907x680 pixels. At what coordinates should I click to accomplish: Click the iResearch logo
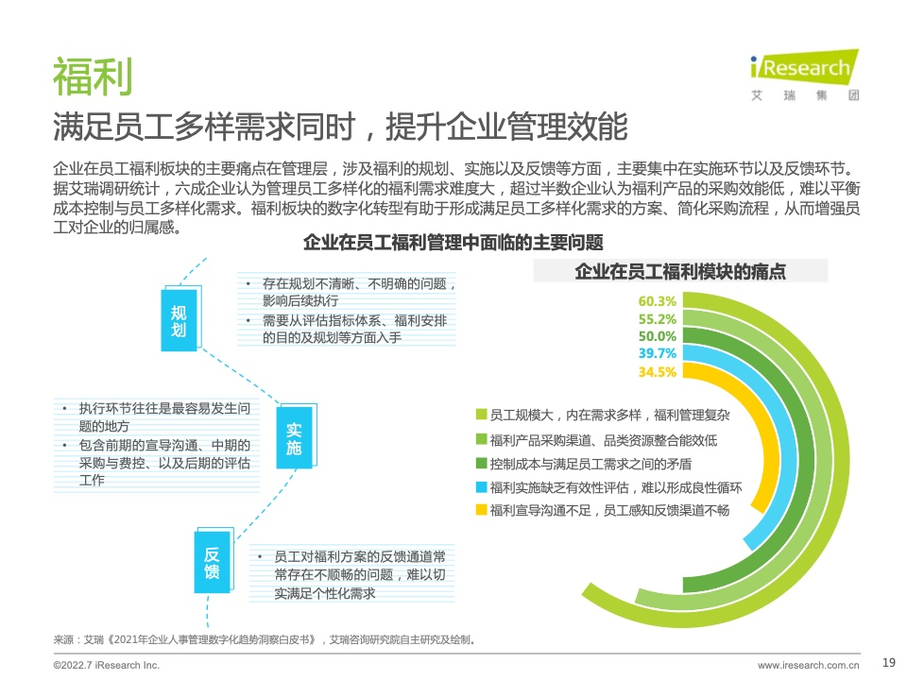[805, 75]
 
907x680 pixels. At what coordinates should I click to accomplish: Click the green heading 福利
[93, 76]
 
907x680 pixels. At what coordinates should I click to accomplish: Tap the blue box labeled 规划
[179, 320]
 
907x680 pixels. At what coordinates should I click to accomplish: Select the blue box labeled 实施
[294, 438]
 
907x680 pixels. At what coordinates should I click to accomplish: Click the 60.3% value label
[658, 301]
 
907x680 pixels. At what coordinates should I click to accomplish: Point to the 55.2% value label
[658, 319]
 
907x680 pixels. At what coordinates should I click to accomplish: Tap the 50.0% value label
[658, 336]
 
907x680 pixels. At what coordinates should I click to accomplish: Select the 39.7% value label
[658, 353]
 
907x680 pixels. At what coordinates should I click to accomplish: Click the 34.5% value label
[658, 372]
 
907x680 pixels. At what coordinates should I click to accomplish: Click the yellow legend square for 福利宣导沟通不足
[481, 509]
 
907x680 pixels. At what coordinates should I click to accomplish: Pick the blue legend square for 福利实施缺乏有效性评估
[481, 487]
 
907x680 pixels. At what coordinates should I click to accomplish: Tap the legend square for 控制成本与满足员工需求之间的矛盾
[481, 463]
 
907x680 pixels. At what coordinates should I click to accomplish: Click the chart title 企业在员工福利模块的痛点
[680, 271]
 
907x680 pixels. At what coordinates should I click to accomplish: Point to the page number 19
[889, 663]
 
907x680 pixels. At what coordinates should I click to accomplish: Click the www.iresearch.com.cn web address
[808, 666]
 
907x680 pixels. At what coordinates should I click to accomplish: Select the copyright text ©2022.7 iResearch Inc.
[107, 666]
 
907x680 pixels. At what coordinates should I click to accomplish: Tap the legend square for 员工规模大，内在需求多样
[481, 414]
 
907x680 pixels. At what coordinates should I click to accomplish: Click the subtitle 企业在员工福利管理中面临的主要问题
[453, 243]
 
